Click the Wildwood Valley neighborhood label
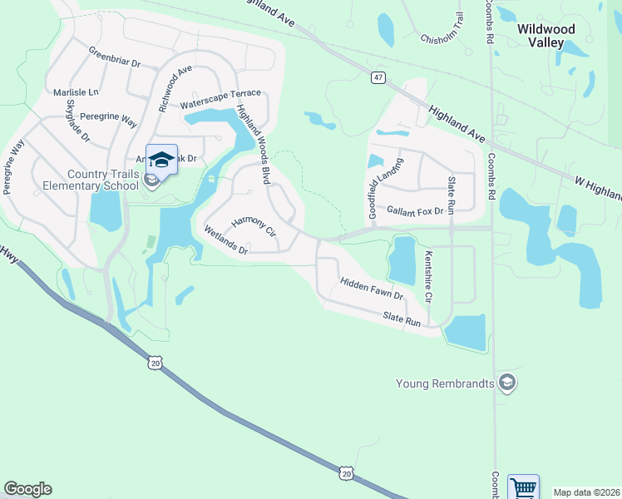point(546,35)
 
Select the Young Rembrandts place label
point(445,383)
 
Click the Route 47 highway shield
point(378,77)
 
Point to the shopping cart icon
point(523,487)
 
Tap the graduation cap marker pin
point(161,160)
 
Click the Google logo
point(27,489)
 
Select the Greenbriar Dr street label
point(115,59)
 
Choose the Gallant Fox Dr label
point(415,212)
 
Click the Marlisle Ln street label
point(75,92)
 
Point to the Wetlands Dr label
point(225,240)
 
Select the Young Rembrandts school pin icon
point(507,383)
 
